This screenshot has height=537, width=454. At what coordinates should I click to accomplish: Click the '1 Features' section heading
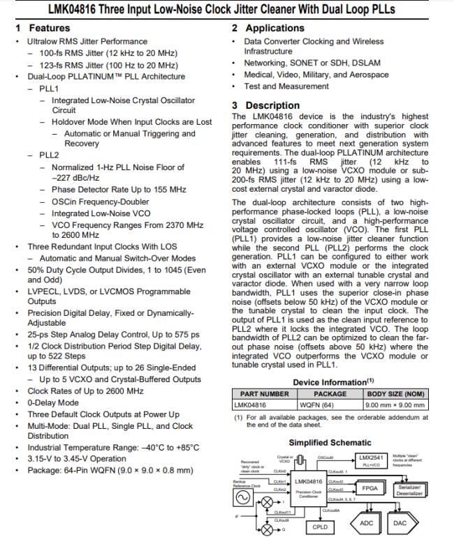pyautogui.click(x=43, y=28)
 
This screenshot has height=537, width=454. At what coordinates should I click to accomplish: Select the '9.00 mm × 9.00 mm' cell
pyautogui.click(x=395, y=404)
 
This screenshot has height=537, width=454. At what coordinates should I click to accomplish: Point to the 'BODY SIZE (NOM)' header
pyautogui.click(x=395, y=394)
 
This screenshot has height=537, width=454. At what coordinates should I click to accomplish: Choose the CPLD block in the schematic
pyautogui.click(x=321, y=527)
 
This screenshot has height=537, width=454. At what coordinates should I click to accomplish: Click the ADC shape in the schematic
pyautogui.click(x=365, y=522)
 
